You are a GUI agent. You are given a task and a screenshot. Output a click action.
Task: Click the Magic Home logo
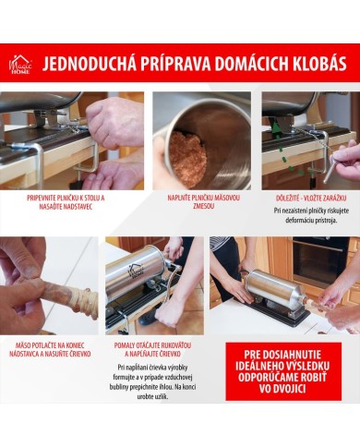click(x=20, y=64)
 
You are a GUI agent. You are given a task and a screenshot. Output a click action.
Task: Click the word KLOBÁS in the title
click(x=314, y=64)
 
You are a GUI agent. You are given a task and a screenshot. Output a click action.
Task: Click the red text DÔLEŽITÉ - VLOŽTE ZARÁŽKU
click(x=309, y=196)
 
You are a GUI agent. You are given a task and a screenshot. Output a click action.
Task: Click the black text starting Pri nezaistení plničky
click(x=309, y=214)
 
